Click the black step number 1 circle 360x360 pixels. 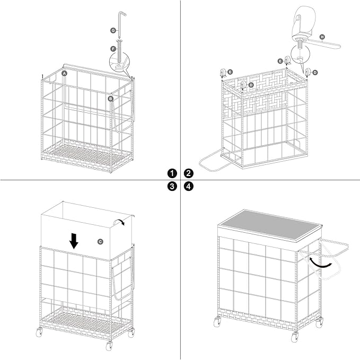click(172, 173)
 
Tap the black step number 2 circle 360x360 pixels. click(189, 173)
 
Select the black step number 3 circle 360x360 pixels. click(172, 186)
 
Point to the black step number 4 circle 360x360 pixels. click(189, 186)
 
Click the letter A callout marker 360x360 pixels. click(65, 74)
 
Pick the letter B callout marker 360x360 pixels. click(111, 99)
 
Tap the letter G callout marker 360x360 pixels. click(113, 30)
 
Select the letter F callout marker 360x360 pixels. click(113, 49)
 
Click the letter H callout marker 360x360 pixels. click(322, 37)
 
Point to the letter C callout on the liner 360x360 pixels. click(100, 242)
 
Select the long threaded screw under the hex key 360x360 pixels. click(120, 51)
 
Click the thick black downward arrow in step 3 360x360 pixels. click(74, 241)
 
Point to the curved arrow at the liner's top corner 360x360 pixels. click(118, 221)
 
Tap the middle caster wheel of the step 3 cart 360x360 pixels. click(110, 345)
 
